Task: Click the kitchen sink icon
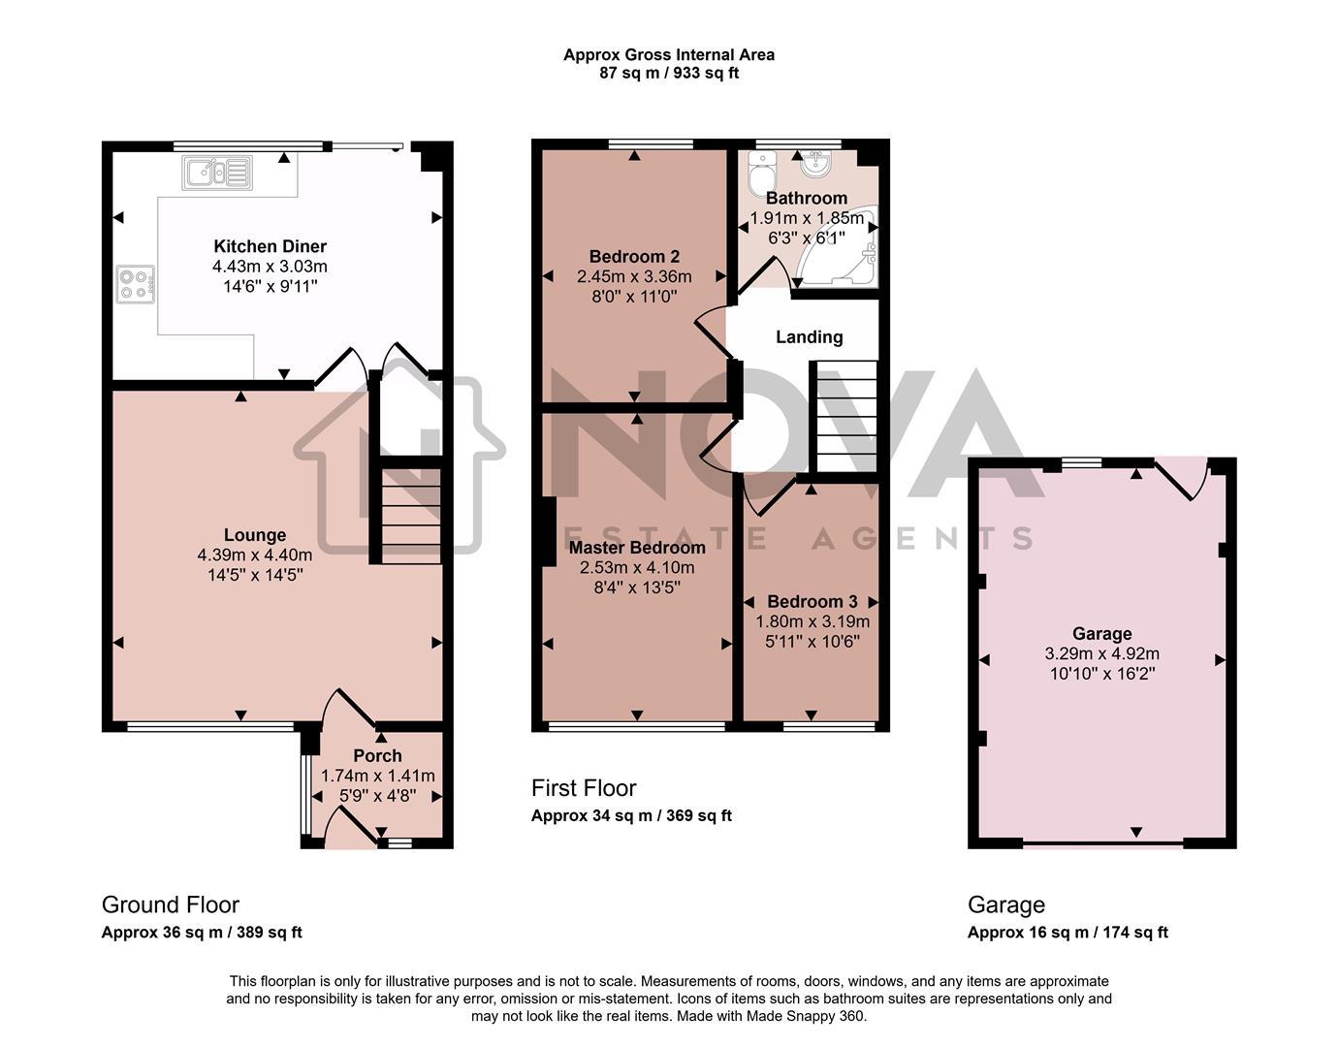[216, 174]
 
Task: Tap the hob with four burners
[135, 284]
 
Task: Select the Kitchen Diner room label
[270, 246]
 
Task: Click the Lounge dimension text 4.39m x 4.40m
[255, 555]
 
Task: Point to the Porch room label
[377, 755]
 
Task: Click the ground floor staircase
[410, 515]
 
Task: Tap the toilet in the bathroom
[761, 174]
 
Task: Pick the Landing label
[809, 337]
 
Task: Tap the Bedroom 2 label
[634, 257]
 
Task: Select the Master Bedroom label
[637, 548]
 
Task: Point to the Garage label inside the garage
[1101, 634]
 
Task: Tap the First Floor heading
[584, 788]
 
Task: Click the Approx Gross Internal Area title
[669, 55]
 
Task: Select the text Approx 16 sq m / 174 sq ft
[1067, 933]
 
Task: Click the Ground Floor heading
[171, 904]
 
